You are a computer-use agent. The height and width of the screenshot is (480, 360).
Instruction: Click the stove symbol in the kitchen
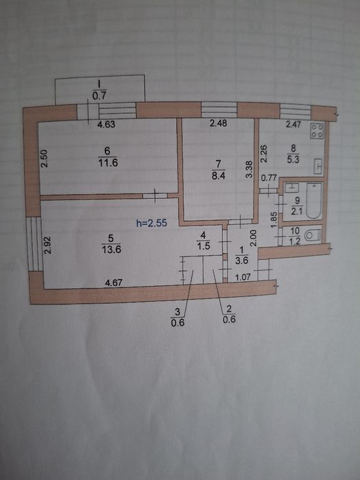tap(317, 131)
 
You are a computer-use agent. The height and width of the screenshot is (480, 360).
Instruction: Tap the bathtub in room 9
tap(314, 201)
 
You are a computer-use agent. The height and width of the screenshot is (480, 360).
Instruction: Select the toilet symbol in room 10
tap(313, 236)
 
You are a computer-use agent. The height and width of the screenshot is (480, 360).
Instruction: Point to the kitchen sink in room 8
tap(318, 167)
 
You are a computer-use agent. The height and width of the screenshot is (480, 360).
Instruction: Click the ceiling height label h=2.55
tap(152, 223)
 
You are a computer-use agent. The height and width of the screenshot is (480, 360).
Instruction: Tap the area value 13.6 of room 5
tap(111, 249)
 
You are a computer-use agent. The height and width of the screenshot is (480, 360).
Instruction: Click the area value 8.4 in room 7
tap(218, 176)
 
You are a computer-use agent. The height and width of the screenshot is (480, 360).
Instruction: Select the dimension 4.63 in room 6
tap(106, 125)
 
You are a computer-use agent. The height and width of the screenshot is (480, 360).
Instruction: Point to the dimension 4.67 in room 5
tap(114, 283)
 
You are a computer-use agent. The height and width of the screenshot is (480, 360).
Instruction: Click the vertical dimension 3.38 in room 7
tap(250, 169)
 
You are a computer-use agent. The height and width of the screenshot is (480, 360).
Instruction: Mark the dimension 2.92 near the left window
tap(47, 245)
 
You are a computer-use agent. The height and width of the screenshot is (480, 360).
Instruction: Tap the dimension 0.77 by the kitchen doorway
tap(269, 178)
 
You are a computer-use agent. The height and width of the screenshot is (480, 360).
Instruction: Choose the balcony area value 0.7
tap(99, 96)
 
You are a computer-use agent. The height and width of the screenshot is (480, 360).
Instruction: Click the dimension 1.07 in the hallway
tap(243, 277)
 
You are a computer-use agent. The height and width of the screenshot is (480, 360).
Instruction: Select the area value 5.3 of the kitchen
tap(293, 160)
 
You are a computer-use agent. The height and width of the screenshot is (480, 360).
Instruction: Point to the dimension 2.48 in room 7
tap(218, 123)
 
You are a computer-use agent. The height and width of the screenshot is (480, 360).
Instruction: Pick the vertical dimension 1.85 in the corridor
tap(274, 219)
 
